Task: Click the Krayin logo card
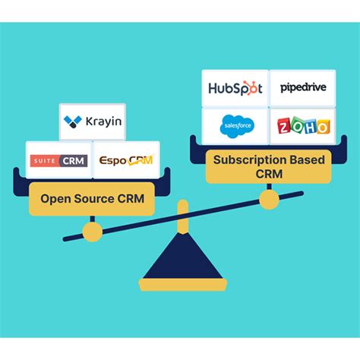[x=93, y=121]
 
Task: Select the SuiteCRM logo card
[x=58, y=160]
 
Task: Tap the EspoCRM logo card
[x=125, y=160]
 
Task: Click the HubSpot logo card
[x=235, y=88]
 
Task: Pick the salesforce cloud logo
[x=233, y=125]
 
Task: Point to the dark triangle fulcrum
[x=180, y=258]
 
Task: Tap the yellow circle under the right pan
[x=268, y=199]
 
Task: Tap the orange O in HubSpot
[x=250, y=89]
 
